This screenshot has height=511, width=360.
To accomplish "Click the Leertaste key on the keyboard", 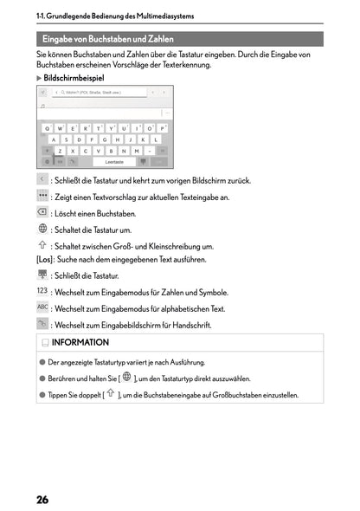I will click(x=114, y=161).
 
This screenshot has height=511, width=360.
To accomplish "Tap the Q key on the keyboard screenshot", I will click(x=48, y=128).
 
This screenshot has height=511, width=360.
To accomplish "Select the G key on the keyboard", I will click(x=104, y=139).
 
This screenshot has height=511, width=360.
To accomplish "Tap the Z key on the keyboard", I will click(x=61, y=151).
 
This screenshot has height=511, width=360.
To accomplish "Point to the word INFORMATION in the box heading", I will click(x=80, y=343).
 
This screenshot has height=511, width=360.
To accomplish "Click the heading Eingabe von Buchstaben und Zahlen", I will click(x=108, y=40).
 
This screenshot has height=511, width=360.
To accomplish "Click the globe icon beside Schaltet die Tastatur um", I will click(x=42, y=229).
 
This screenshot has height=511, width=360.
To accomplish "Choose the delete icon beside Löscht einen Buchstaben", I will click(x=42, y=212).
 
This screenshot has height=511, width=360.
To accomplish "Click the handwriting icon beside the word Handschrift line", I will click(x=42, y=324).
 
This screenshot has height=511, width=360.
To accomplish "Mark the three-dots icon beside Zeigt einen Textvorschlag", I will click(x=42, y=196).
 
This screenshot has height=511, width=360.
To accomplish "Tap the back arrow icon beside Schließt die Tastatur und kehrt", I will click(x=42, y=179).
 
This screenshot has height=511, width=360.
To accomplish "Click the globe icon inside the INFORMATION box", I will click(x=126, y=378).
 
